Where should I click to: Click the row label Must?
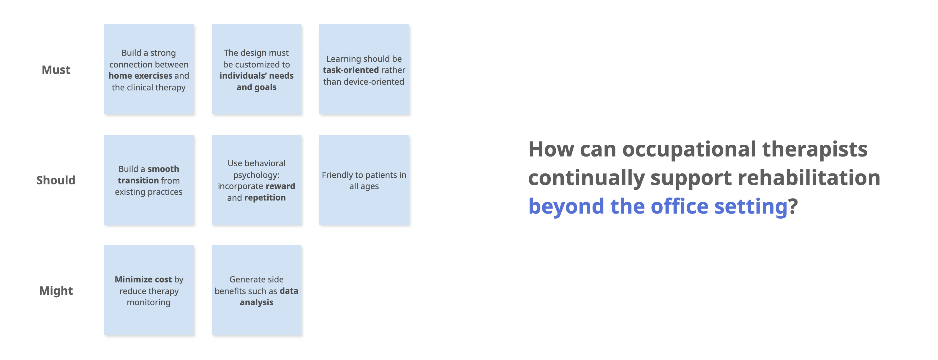[56, 70]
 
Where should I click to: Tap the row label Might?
[56, 290]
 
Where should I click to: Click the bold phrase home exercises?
[140, 76]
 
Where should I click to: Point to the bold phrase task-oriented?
[351, 70]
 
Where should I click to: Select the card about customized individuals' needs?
[256, 70]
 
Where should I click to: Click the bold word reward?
[280, 186]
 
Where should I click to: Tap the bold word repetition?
[265, 198]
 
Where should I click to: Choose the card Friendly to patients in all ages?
[364, 180]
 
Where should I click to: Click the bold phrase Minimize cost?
[143, 279]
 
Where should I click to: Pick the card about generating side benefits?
[256, 290]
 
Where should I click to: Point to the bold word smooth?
[163, 169]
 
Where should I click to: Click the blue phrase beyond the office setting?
[658, 206]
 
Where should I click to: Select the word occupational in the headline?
[689, 150]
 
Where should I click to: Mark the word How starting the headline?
[551, 149]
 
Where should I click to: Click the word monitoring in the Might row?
[149, 302]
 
